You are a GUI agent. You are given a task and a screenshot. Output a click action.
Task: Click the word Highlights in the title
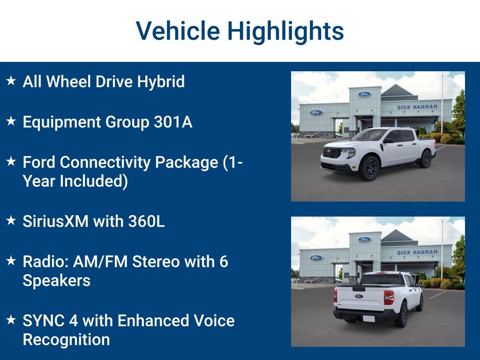(x=285, y=31)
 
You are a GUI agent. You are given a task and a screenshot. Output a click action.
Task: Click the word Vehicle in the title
(x=178, y=31)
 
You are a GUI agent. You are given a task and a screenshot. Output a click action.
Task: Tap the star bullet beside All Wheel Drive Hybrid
(x=11, y=81)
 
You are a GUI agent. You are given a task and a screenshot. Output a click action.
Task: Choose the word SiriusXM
(x=55, y=221)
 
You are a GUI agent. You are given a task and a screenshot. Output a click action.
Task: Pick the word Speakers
(x=56, y=280)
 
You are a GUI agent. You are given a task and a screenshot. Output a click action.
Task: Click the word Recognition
(x=66, y=339)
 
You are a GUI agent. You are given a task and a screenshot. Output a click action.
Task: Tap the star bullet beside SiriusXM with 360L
(x=11, y=220)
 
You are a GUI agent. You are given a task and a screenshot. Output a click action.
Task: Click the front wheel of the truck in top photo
(x=368, y=168)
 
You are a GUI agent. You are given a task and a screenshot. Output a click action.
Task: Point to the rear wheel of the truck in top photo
(x=426, y=159)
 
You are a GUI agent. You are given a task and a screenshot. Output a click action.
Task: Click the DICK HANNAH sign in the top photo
(x=417, y=107)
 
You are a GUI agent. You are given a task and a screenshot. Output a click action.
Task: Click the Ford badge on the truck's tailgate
(x=359, y=296)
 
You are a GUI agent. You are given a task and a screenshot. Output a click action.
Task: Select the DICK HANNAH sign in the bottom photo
(x=417, y=252)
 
